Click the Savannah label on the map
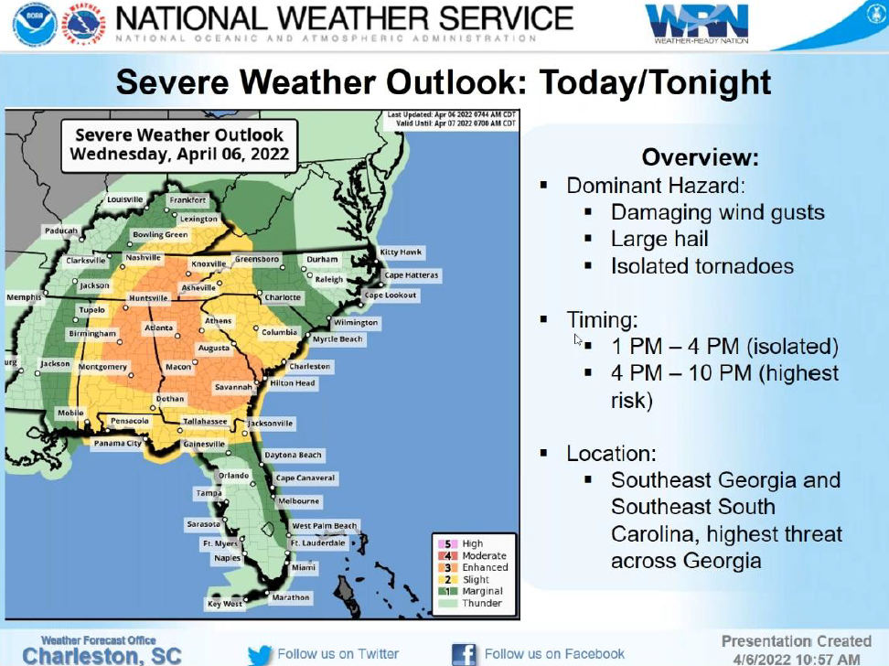click(233, 387)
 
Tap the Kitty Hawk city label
click(402, 252)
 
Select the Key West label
click(225, 604)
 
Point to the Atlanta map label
click(158, 328)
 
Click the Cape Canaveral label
click(305, 478)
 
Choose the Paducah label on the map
click(61, 231)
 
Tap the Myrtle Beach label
click(337, 339)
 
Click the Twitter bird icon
click(260, 654)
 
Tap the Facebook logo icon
click(465, 654)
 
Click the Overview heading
click(700, 157)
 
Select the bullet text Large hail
click(659, 240)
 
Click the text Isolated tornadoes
click(702, 266)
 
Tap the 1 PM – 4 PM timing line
click(724, 347)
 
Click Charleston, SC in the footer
click(102, 656)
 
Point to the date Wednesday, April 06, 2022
click(179, 154)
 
